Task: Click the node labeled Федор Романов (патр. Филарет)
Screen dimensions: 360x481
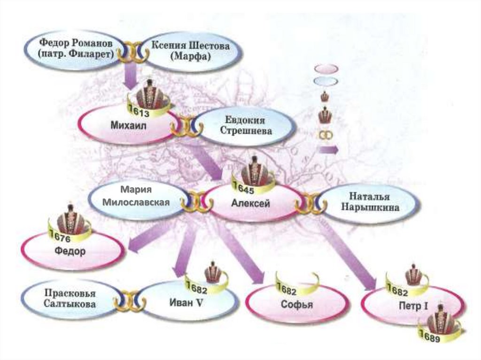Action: coord(75,48)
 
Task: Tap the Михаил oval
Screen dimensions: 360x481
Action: coord(124,126)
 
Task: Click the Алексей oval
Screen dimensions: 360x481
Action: coord(251,204)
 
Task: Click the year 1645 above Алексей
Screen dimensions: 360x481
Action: coord(247,190)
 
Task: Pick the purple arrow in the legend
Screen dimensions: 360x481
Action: coord(327,150)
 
